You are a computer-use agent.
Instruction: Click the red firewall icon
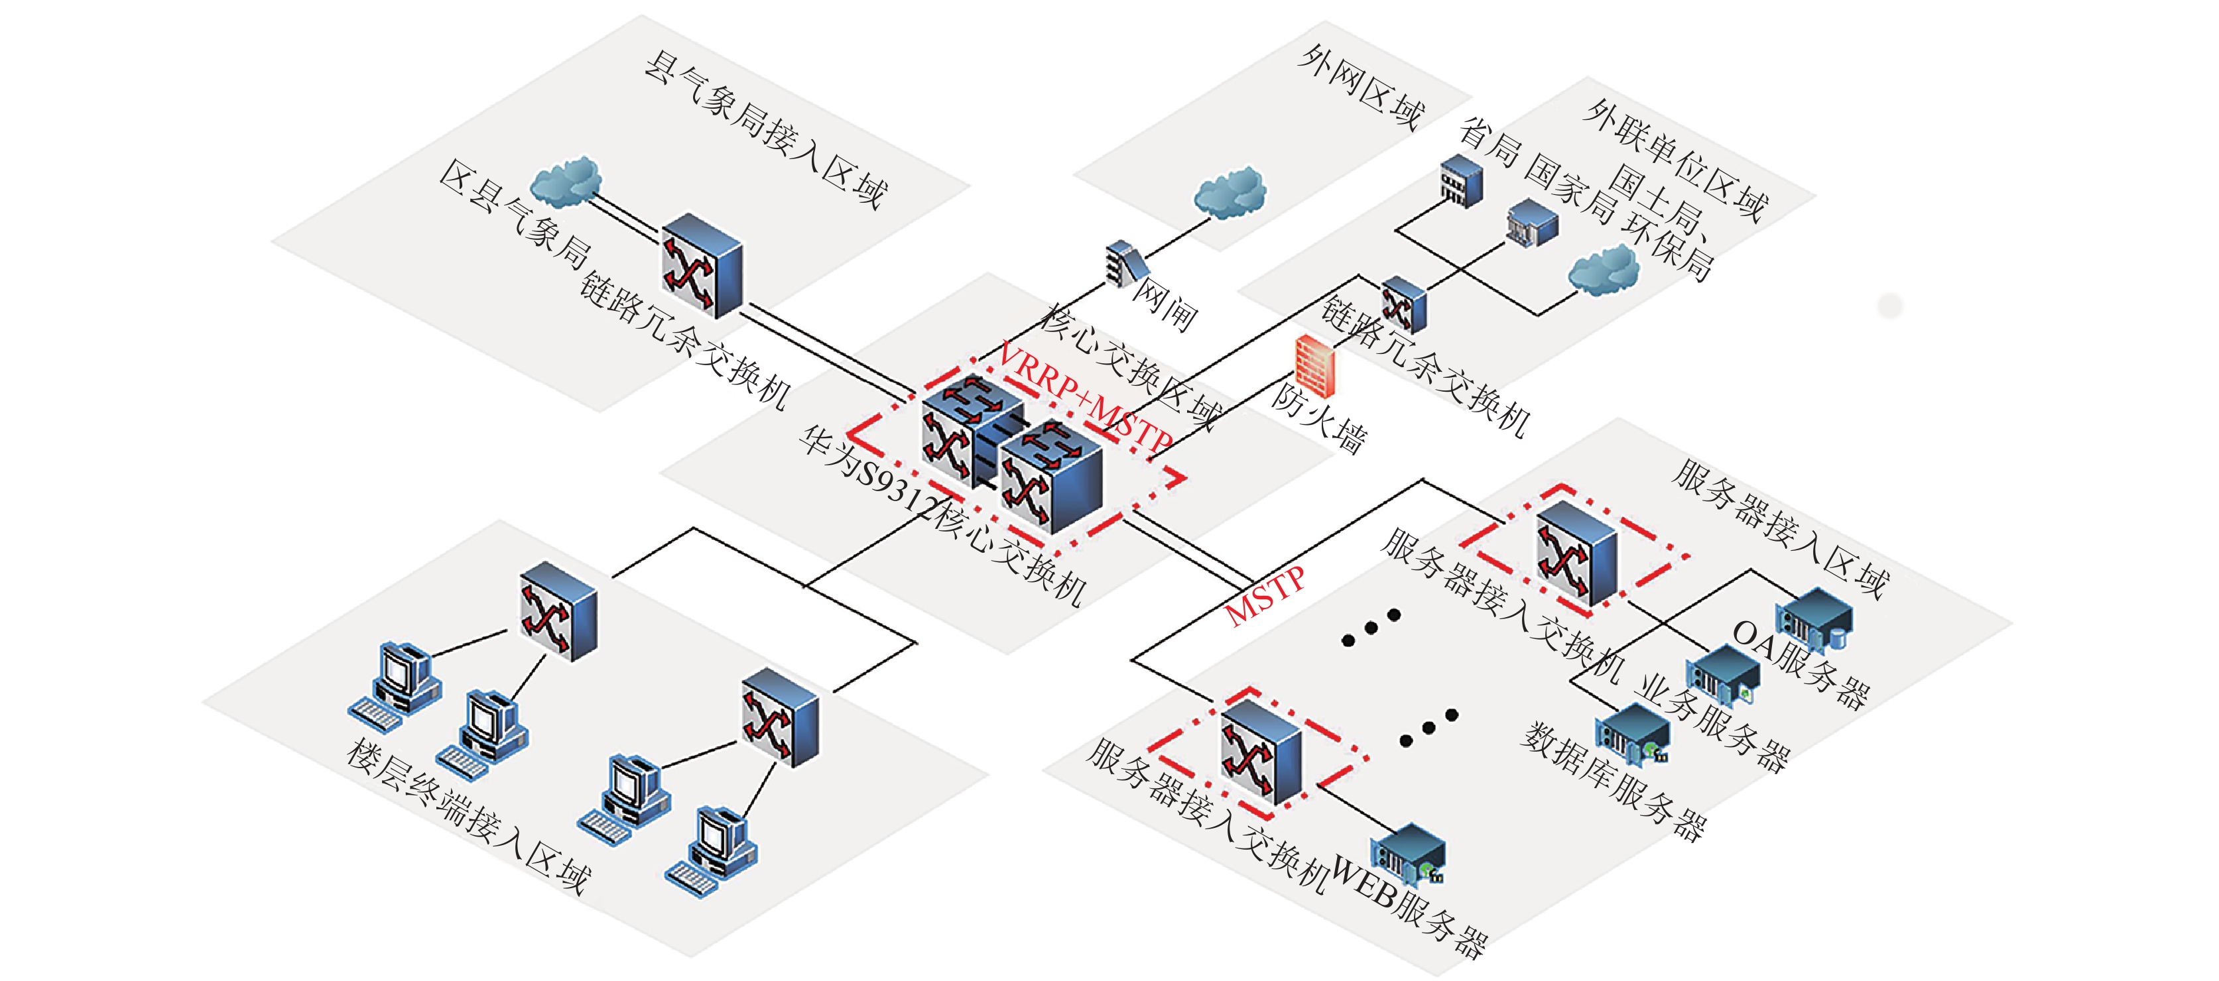(x=1314, y=365)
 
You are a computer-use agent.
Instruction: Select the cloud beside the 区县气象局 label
(x=565, y=182)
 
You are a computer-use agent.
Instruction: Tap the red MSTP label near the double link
(x=1265, y=596)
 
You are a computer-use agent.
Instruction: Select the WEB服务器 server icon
(x=1409, y=855)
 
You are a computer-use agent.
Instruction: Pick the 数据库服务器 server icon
(x=1631, y=734)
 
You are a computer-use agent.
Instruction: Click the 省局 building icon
(x=1462, y=180)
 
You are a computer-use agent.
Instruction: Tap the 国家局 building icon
(x=1531, y=221)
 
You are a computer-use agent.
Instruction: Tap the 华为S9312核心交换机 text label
(x=942, y=515)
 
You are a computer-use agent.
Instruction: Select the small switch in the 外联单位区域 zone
(x=1403, y=305)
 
